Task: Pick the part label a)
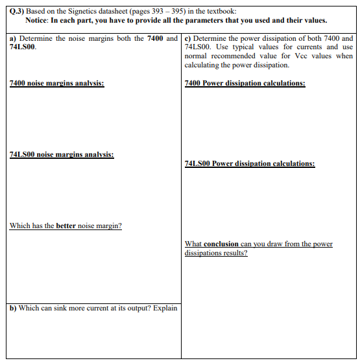point(13,39)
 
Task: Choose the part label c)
point(188,39)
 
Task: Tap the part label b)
point(13,308)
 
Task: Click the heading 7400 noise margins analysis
point(56,84)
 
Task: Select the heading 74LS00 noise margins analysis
point(62,155)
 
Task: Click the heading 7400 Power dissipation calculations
point(245,84)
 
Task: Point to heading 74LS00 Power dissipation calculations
point(249,164)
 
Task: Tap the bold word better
point(66,226)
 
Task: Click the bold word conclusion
point(221,244)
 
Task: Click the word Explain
point(165,308)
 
